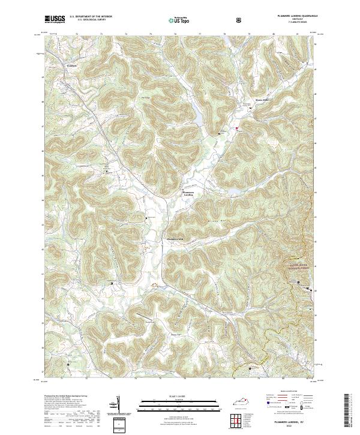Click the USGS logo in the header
[55, 19]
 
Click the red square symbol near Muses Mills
[237, 128]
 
